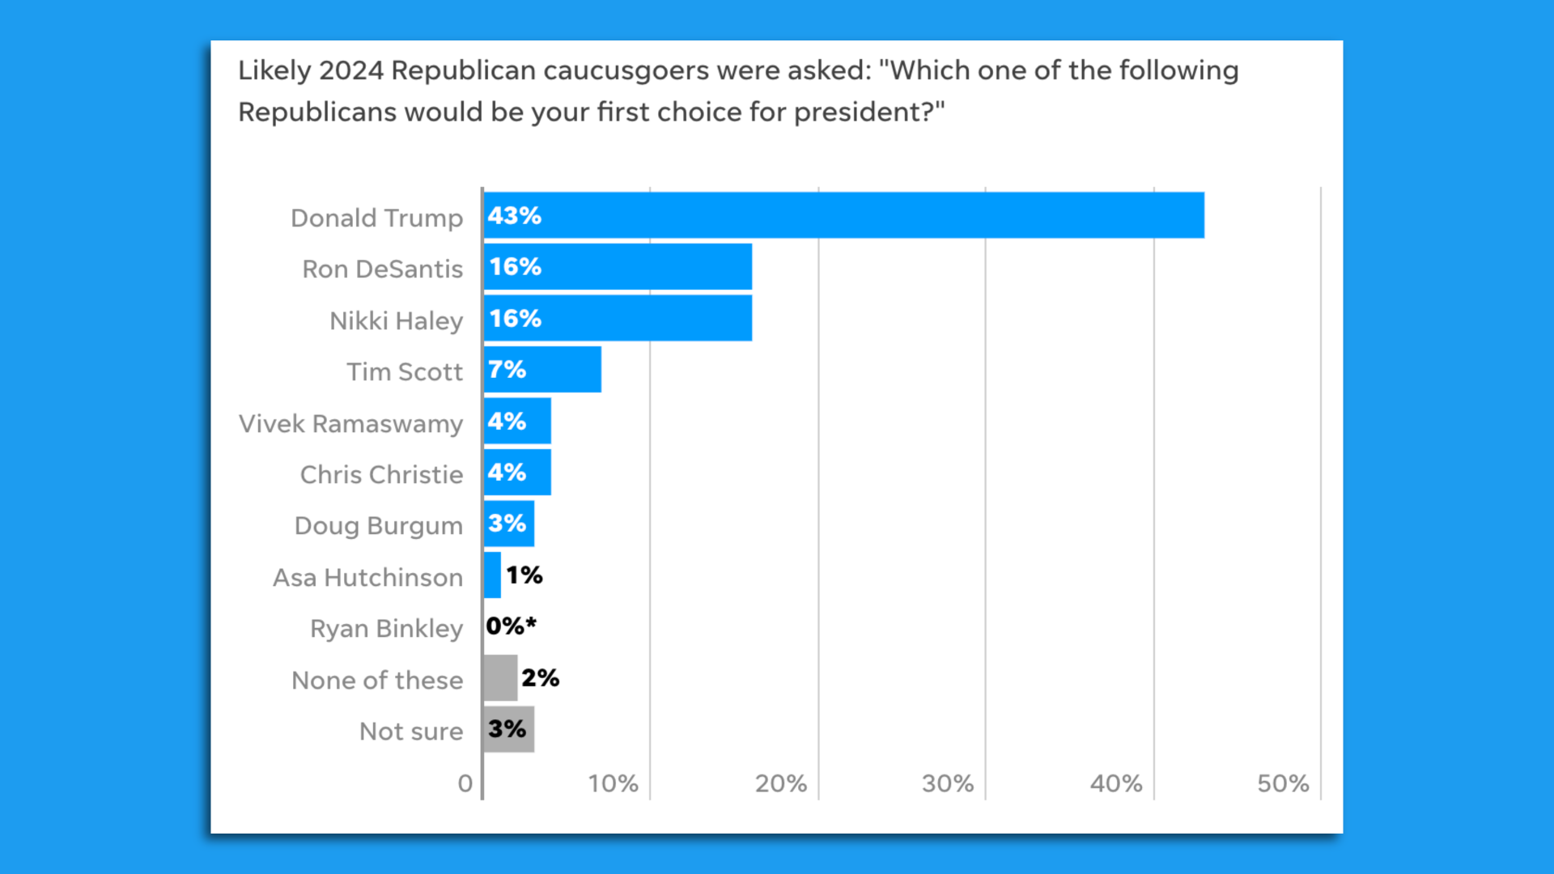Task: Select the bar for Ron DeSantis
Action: (x=618, y=266)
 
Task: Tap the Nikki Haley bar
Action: (x=618, y=318)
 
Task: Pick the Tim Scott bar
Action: (x=542, y=370)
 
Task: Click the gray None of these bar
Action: (x=500, y=678)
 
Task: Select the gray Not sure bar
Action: (x=508, y=729)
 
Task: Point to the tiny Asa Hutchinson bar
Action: (x=492, y=575)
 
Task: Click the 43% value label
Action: (x=514, y=216)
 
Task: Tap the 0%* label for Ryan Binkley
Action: (x=511, y=626)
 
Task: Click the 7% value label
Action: (x=507, y=370)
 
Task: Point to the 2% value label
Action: (x=540, y=678)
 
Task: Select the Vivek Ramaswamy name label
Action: (x=350, y=423)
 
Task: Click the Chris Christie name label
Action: (x=381, y=474)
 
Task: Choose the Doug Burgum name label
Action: (x=378, y=526)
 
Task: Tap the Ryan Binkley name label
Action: (x=386, y=629)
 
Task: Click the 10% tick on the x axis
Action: (x=613, y=783)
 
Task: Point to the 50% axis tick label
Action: (x=1282, y=783)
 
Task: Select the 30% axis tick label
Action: (x=947, y=783)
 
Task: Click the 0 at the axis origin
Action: (x=465, y=783)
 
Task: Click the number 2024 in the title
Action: (x=350, y=70)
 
